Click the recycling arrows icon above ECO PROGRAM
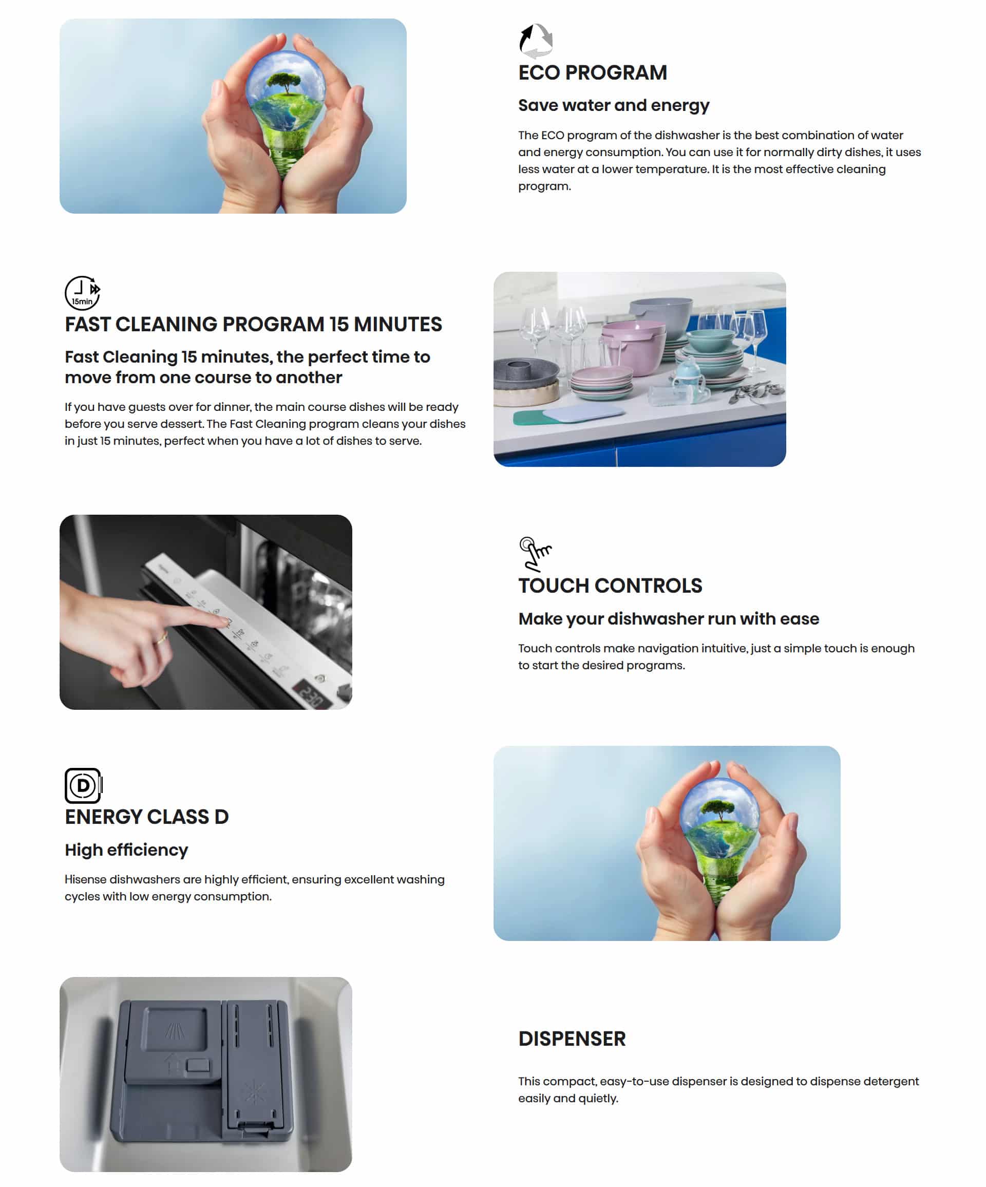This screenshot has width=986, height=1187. point(535,41)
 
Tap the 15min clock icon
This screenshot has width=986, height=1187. point(83,293)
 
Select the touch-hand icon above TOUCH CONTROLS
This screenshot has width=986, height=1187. point(535,554)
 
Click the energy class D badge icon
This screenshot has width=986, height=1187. point(83,785)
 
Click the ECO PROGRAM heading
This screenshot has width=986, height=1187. point(592,72)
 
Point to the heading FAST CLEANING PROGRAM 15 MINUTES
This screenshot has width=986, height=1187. point(253,324)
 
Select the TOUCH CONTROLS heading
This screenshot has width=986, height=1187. point(610,586)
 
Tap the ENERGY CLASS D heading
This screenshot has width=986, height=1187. point(146,817)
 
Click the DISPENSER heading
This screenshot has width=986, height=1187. point(572,1039)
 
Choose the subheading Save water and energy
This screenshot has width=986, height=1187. point(614,106)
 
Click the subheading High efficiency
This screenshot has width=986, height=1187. point(126,850)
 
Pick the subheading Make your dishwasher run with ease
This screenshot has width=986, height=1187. point(669,619)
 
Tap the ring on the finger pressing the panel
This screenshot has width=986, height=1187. point(162,639)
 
